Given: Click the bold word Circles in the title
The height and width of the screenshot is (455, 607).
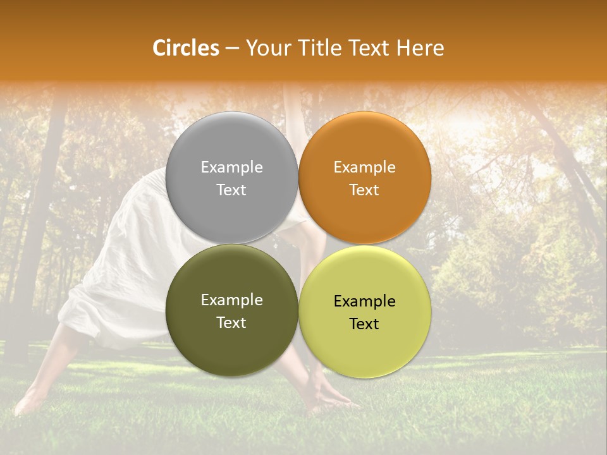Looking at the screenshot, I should click(x=186, y=48).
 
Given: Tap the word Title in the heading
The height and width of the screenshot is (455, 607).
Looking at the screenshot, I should click(x=317, y=48).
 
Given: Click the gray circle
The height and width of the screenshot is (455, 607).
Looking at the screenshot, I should click(x=231, y=145).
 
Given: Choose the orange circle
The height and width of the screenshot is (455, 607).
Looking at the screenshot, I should click(x=364, y=145).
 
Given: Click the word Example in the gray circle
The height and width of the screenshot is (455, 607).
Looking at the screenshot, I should click(x=231, y=167).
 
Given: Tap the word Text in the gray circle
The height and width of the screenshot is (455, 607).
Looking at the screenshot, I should click(x=231, y=190).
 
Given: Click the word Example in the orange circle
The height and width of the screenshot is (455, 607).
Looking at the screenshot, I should click(x=364, y=167).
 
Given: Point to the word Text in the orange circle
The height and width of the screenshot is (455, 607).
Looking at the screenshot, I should click(x=364, y=190).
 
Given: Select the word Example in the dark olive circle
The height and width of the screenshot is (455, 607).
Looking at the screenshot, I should click(x=231, y=300).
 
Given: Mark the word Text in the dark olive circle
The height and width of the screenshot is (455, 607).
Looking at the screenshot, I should click(x=231, y=323).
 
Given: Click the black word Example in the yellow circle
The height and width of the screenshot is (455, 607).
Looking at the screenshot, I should click(x=364, y=301).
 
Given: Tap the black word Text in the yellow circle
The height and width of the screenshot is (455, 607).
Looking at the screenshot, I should click(x=364, y=324).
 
